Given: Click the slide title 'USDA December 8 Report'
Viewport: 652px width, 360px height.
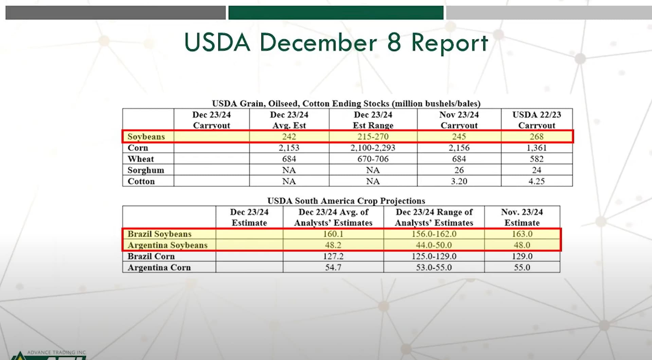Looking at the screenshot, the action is pyautogui.click(x=336, y=43).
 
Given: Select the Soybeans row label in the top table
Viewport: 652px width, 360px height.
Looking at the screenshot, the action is pyautogui.click(x=146, y=137).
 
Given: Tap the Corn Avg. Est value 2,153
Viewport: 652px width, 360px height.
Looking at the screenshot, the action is pyautogui.click(x=289, y=148).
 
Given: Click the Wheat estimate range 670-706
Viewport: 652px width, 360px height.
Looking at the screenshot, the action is pyautogui.click(x=373, y=159).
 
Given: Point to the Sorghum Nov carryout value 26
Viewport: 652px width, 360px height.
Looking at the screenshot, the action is pyautogui.click(x=459, y=170).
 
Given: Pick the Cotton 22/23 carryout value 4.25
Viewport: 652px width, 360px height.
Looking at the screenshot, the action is pyautogui.click(x=537, y=181).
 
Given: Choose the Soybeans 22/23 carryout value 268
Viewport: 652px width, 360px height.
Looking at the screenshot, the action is pyautogui.click(x=537, y=137).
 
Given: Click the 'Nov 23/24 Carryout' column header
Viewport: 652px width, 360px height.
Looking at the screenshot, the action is pyautogui.click(x=459, y=120).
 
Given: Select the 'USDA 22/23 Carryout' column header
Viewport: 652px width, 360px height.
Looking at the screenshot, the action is pyautogui.click(x=537, y=120).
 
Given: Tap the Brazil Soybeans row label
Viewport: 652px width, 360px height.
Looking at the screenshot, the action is pyautogui.click(x=159, y=234).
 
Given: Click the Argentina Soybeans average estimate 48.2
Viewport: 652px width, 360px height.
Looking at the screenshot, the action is pyautogui.click(x=333, y=245).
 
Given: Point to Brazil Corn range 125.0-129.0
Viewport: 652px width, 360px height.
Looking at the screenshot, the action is pyautogui.click(x=434, y=256).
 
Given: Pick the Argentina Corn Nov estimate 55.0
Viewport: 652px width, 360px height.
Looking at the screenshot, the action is pyautogui.click(x=522, y=268).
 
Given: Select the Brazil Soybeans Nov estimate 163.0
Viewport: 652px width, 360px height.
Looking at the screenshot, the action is pyautogui.click(x=522, y=234).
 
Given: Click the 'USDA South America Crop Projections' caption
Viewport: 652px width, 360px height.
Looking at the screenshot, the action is pyautogui.click(x=346, y=201).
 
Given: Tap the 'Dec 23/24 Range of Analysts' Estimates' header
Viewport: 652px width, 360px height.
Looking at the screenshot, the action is pyautogui.click(x=434, y=217).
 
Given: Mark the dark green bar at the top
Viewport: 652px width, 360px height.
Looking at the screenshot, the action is pyautogui.click(x=336, y=13).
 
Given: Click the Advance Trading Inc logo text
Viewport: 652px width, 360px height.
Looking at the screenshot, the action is pyautogui.click(x=56, y=353).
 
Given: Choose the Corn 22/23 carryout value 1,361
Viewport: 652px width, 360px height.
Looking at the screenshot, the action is pyautogui.click(x=537, y=148).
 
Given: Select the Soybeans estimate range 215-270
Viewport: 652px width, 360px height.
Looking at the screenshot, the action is pyautogui.click(x=373, y=137).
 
